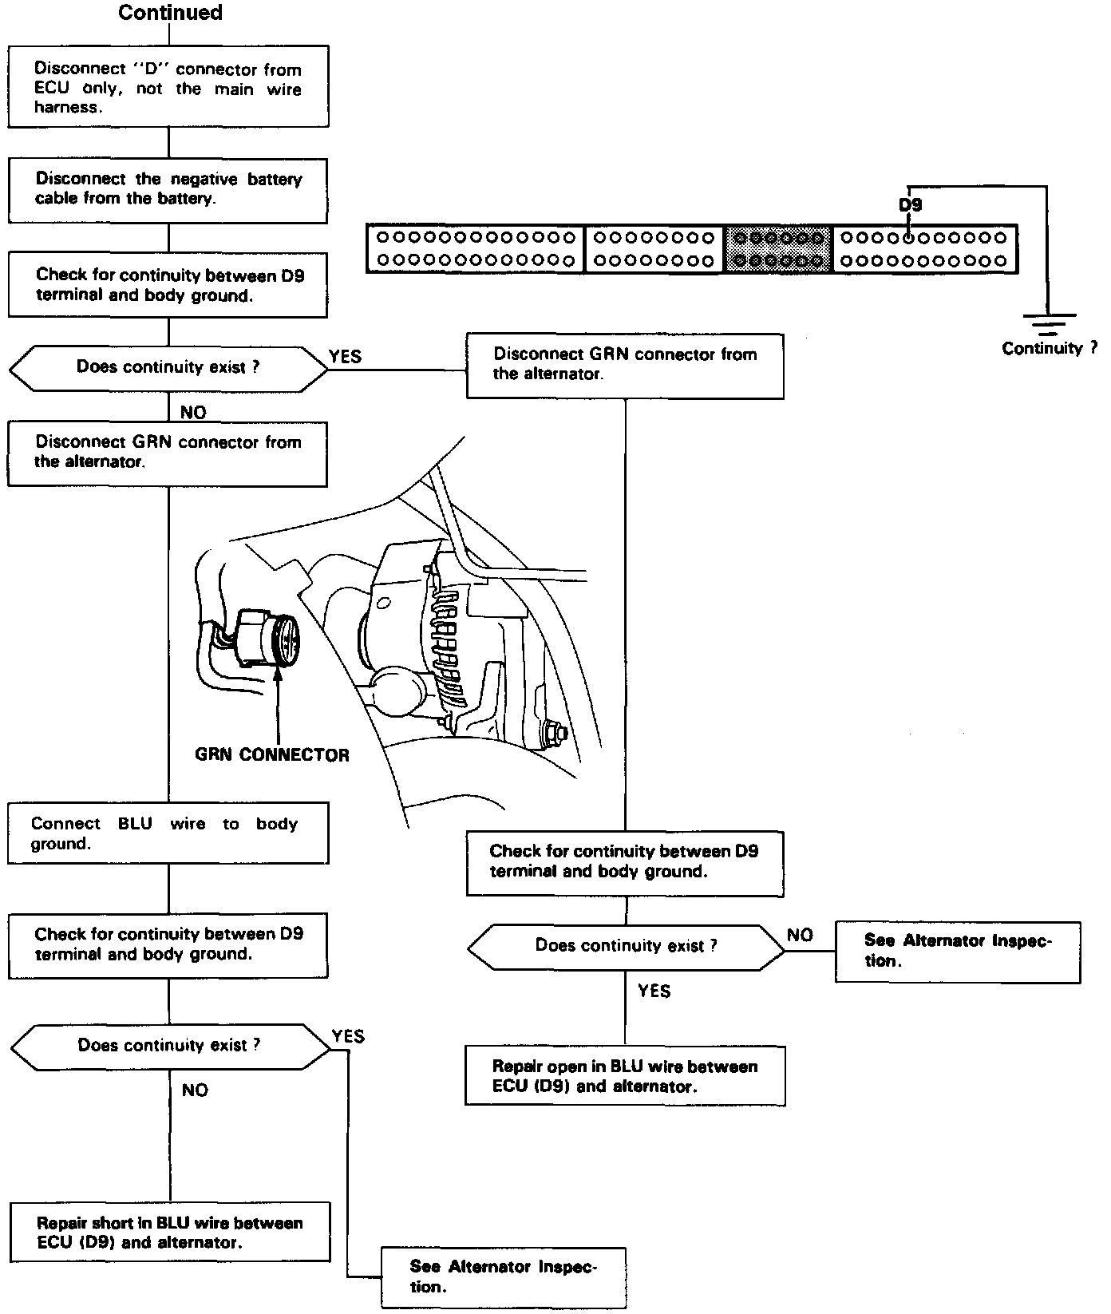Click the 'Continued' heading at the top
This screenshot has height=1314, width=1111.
[170, 13]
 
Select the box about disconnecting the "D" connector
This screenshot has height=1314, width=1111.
[168, 86]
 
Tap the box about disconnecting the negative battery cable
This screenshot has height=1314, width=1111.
[168, 189]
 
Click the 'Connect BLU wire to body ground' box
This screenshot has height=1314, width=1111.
[168, 833]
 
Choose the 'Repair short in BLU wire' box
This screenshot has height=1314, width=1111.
[169, 1232]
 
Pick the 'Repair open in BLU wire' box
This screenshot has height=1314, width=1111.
[625, 1075]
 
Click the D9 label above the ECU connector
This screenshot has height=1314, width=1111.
[911, 205]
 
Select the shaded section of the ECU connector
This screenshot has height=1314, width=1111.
[779, 249]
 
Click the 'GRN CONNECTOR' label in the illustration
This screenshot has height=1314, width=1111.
[272, 754]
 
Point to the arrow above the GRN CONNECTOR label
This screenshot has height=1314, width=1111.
[279, 703]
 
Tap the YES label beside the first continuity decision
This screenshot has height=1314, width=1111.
[345, 356]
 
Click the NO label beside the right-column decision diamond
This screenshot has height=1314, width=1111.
[800, 935]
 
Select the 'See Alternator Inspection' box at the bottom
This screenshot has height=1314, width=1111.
[504, 1276]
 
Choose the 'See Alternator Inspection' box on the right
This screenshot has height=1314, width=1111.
[958, 951]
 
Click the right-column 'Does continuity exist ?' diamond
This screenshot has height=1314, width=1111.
[626, 946]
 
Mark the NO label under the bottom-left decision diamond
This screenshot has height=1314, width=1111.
[195, 1090]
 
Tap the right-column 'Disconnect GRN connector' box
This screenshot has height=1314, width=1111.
[625, 365]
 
